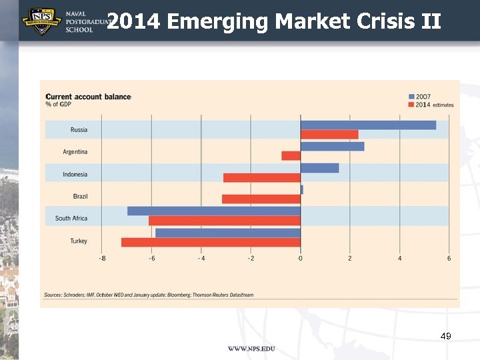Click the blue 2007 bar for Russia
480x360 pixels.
[x=368, y=125]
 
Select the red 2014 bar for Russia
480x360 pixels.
[x=329, y=134]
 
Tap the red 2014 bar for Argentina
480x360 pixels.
[x=291, y=155]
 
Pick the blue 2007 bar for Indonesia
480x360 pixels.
[x=319, y=168]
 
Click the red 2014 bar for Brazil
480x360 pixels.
[x=261, y=199]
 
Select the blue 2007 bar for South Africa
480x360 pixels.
[x=214, y=211]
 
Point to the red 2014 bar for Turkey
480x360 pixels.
[x=211, y=242]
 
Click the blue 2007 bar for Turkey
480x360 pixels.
[x=228, y=233]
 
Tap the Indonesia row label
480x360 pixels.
[x=75, y=175]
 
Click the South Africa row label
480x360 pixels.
[x=71, y=219]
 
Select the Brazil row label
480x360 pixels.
[x=80, y=197]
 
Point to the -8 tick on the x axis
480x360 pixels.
[x=101, y=258]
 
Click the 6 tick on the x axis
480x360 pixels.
[x=449, y=258]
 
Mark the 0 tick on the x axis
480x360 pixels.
[x=300, y=258]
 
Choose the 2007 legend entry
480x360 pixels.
[x=423, y=97]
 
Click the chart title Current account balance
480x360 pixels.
[x=88, y=97]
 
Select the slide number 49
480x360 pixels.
[x=446, y=336]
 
